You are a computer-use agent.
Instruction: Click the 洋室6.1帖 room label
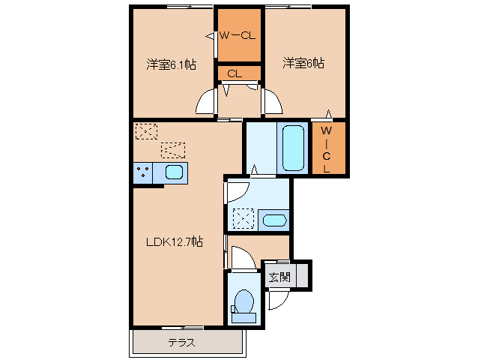click(x=171, y=64)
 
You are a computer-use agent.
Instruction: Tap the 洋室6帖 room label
click(x=303, y=63)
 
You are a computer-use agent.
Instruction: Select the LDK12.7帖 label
click(x=175, y=241)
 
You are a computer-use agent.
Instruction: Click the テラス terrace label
click(x=181, y=343)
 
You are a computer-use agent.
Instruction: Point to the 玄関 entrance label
click(x=279, y=277)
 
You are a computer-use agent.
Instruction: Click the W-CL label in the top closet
click(x=239, y=35)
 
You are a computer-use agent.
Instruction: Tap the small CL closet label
click(x=234, y=73)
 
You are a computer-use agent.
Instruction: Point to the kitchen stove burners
click(x=142, y=173)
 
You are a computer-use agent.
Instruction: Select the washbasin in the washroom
click(x=274, y=220)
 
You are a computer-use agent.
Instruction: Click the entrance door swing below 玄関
click(x=276, y=300)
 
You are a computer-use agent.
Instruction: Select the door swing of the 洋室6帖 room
click(x=270, y=103)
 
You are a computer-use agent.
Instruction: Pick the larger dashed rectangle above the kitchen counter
click(x=172, y=149)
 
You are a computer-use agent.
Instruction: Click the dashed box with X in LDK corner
click(x=145, y=131)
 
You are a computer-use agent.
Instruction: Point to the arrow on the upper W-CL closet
click(x=211, y=35)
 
